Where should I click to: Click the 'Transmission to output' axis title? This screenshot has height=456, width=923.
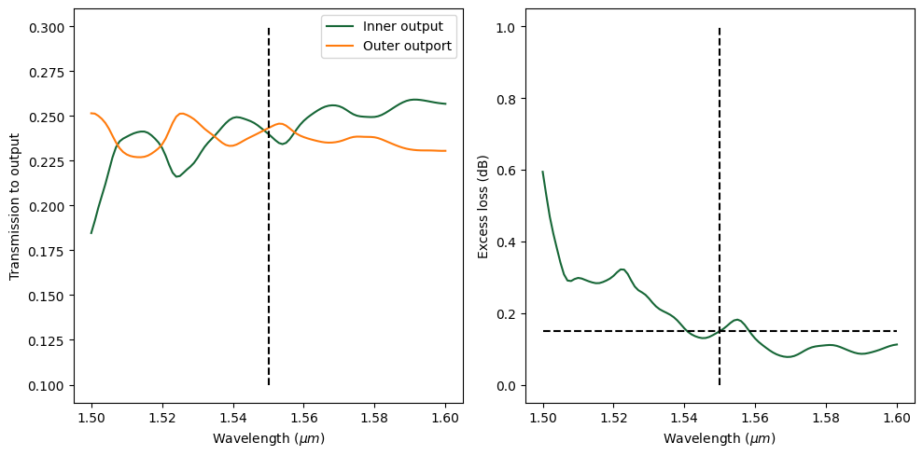point(14,207)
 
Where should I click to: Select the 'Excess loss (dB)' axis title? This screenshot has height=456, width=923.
point(482,207)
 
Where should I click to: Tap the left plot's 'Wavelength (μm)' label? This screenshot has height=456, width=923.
point(269,437)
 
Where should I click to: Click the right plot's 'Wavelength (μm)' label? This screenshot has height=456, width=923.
point(720,437)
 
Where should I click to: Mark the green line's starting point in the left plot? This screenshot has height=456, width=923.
point(91,233)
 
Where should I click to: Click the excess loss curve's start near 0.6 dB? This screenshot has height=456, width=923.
point(543,172)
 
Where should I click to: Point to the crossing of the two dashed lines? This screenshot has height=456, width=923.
point(720,331)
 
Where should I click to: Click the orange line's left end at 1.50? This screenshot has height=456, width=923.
point(91,113)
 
